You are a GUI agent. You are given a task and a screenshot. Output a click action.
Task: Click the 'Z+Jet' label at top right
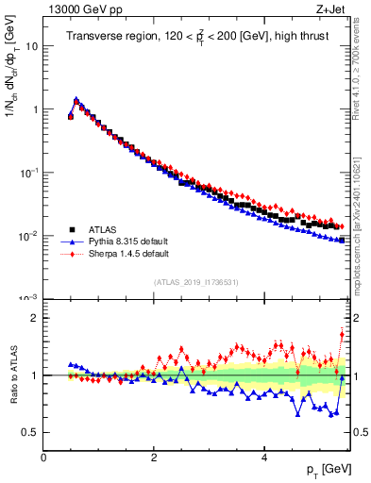click(333, 8)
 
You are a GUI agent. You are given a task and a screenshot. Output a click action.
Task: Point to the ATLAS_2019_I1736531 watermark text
click(195, 282)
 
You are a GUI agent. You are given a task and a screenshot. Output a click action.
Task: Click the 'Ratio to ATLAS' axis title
click(13, 375)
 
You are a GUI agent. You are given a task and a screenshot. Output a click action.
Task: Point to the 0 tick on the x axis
click(43, 458)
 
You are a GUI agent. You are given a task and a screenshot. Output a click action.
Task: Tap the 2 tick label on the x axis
click(154, 458)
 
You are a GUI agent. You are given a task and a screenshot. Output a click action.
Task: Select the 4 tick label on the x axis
click(264, 458)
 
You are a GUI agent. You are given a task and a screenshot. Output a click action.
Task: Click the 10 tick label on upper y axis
click(31, 45)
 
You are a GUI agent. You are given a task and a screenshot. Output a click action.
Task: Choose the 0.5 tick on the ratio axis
click(29, 432)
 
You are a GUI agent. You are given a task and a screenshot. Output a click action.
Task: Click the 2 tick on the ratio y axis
click(34, 318)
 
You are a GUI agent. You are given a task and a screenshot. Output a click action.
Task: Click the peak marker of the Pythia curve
click(76, 98)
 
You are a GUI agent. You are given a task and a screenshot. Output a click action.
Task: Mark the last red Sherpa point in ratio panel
click(342, 334)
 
